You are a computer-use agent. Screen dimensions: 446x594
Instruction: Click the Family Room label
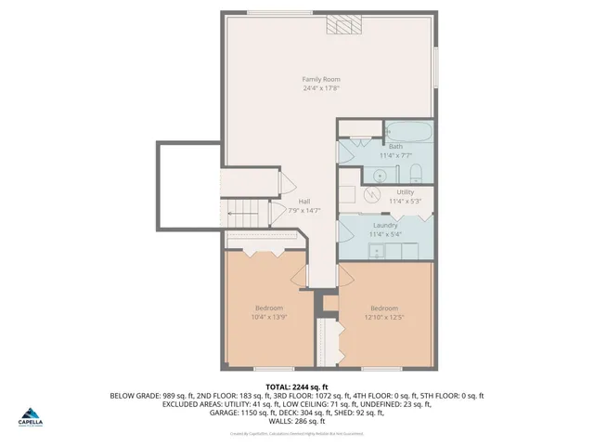[320, 79]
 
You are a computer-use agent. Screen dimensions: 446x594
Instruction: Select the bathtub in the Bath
[407, 130]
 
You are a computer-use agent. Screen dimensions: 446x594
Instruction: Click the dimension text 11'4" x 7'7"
[395, 155]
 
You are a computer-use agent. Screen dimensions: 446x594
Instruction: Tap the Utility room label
[405, 191]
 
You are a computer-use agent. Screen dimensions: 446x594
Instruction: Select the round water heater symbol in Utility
[371, 194]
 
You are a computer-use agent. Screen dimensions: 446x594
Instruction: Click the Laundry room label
[385, 226]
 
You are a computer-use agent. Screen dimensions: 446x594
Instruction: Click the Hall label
[303, 201]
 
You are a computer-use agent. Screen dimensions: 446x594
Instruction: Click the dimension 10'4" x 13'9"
[269, 318]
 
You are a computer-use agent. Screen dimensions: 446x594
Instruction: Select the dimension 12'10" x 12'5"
[384, 318]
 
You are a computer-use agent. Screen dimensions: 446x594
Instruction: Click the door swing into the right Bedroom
[349, 275]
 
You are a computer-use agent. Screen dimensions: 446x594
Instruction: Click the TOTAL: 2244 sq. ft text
[297, 387]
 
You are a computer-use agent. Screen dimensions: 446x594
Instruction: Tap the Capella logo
[32, 414]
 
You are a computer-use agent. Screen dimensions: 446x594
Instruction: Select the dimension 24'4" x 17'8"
[320, 88]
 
